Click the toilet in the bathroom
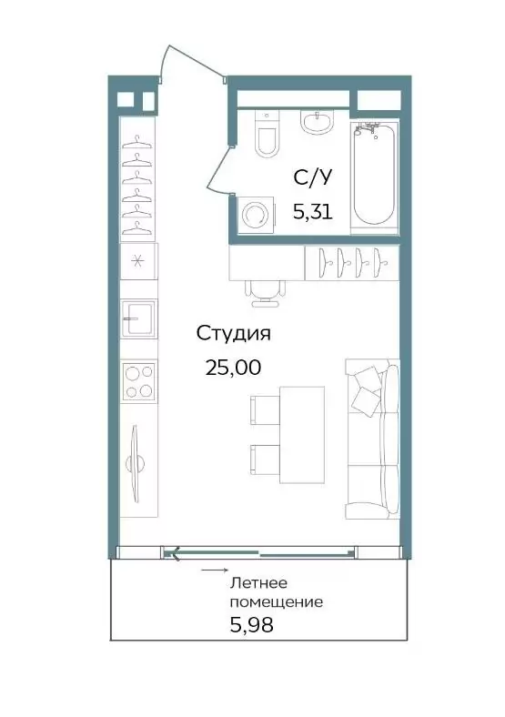coord(267,135)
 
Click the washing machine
coord(257,215)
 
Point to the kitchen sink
coord(138,318)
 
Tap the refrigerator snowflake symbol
coord(136,260)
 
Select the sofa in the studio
coord(372,439)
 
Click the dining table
coord(302,434)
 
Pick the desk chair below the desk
coord(265,293)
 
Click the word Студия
coord(233,334)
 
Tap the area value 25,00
coord(233,368)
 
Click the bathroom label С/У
coord(312,177)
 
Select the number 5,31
coord(312,212)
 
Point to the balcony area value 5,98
coord(251,624)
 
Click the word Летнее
coord(258,583)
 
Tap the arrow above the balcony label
coord(215,571)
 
